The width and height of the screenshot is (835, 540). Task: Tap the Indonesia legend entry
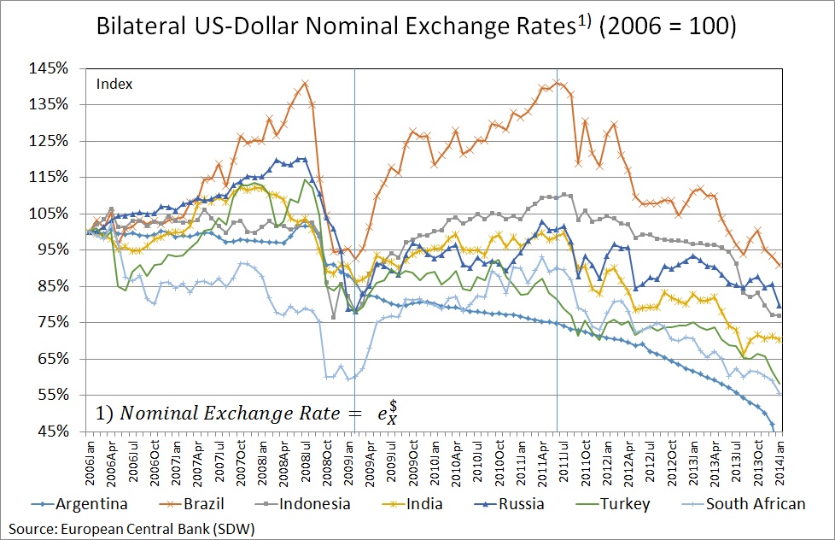point(307,503)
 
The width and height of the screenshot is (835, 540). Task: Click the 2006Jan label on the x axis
point(90,461)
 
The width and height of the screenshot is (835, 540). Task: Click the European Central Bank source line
point(128,526)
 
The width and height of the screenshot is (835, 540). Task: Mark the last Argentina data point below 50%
point(773,426)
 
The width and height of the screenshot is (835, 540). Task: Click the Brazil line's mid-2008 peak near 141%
point(305,83)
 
